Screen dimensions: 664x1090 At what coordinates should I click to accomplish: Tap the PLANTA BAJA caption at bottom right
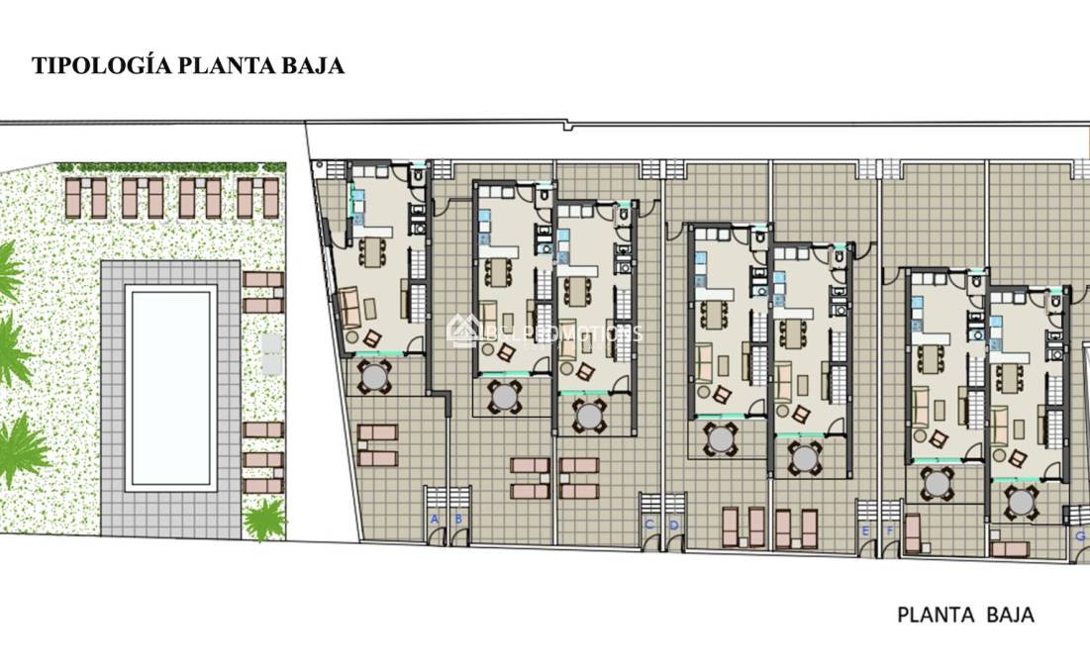[x=965, y=615]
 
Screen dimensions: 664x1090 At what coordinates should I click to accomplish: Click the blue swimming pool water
[x=170, y=387]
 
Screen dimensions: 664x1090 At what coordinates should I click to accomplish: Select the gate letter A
[x=434, y=519]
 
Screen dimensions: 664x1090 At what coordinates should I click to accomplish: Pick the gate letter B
[x=458, y=519]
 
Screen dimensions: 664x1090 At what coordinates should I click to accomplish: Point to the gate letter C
[x=648, y=523]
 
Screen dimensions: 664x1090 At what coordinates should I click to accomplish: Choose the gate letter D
[x=673, y=523]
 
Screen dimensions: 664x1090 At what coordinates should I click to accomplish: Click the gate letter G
[x=1080, y=535]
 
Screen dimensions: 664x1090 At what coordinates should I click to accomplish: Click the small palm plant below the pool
[x=265, y=519]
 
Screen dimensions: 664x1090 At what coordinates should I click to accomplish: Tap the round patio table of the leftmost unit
[x=375, y=376]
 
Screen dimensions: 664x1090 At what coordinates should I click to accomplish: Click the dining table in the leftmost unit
[x=372, y=251]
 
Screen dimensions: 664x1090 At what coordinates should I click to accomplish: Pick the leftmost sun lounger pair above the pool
[x=85, y=198]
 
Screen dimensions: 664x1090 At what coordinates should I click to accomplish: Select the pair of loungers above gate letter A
[x=377, y=445]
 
